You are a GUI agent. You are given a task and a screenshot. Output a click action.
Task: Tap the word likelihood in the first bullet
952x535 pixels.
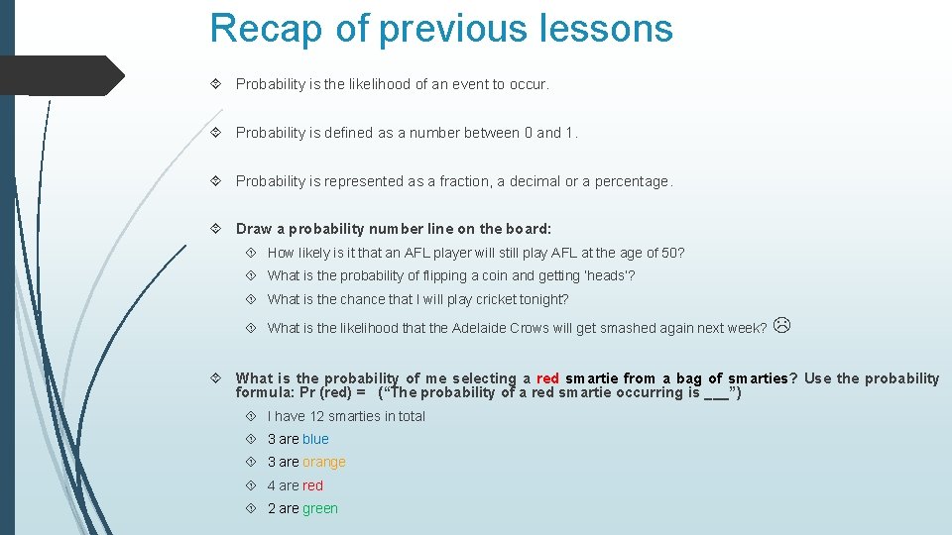[x=376, y=84]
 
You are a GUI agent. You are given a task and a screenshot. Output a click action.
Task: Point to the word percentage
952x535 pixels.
[x=632, y=181]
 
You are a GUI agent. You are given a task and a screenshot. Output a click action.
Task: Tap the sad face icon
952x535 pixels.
[x=781, y=325]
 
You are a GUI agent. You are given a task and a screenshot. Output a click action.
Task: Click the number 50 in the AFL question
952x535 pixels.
[x=670, y=253]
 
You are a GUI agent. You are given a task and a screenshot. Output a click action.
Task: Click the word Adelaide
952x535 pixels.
[x=480, y=328]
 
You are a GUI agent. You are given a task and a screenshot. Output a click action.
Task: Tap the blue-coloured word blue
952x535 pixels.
[x=315, y=439]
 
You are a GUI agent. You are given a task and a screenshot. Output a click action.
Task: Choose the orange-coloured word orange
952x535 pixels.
[x=324, y=462]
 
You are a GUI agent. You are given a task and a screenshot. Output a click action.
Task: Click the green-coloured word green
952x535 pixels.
[x=320, y=508]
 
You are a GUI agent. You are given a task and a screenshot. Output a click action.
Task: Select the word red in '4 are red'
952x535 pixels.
[x=313, y=485]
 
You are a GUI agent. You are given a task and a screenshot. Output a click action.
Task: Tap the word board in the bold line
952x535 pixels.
[x=528, y=229]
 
